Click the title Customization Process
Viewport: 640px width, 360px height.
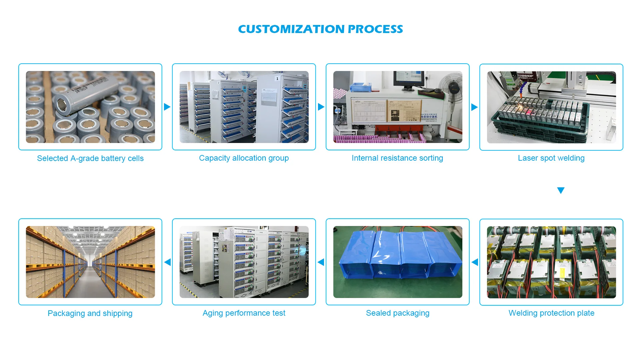click(320, 29)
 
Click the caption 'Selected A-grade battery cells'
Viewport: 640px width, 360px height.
click(90, 158)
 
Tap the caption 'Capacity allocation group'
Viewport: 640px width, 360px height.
click(244, 158)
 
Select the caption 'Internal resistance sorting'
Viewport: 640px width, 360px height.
click(397, 158)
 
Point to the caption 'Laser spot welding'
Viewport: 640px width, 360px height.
click(551, 158)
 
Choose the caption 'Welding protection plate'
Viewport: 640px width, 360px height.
click(551, 313)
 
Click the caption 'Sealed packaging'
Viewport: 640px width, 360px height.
click(397, 313)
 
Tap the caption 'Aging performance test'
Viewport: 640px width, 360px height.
click(244, 313)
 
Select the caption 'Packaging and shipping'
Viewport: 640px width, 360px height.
click(90, 313)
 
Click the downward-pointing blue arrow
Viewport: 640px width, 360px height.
click(561, 190)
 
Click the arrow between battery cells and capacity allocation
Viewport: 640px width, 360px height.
click(167, 107)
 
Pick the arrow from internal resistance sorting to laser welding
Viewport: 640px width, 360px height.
click(474, 107)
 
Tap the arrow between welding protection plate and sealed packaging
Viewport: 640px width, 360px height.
click(475, 262)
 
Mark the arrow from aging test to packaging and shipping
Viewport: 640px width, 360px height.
click(167, 262)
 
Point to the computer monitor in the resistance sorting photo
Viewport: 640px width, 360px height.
click(408, 79)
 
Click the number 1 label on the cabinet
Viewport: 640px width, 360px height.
click(277, 79)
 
